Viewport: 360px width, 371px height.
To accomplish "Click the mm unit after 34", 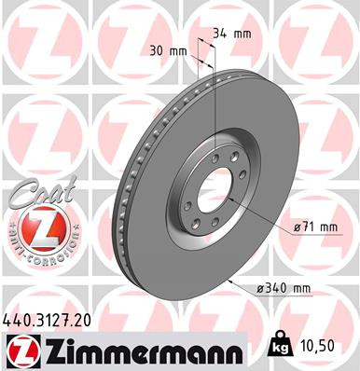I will (x=243, y=34).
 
